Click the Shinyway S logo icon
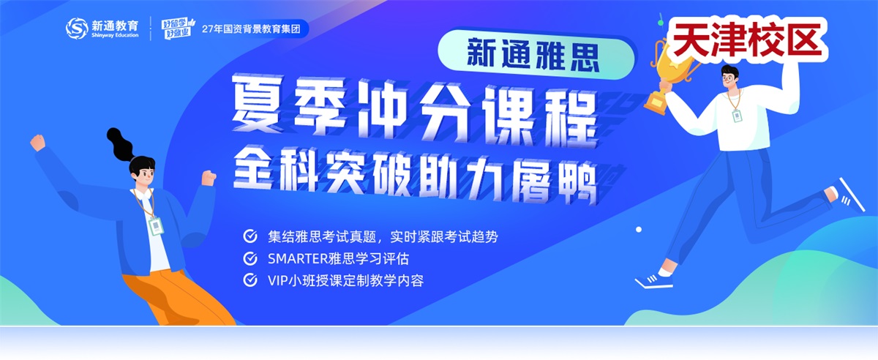(x=76, y=29)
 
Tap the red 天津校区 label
(x=747, y=40)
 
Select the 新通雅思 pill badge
(x=536, y=54)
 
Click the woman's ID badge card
(x=156, y=226)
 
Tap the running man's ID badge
(x=737, y=116)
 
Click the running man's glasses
(x=728, y=79)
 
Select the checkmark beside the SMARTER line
(x=250, y=258)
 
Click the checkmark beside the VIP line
(x=250, y=280)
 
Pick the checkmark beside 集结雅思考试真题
(x=250, y=236)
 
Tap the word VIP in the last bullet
(x=278, y=280)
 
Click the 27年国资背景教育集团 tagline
(x=251, y=29)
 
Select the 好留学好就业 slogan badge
(x=179, y=29)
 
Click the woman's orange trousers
(x=177, y=299)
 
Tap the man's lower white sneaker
(x=653, y=280)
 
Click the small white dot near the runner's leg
(x=639, y=230)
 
